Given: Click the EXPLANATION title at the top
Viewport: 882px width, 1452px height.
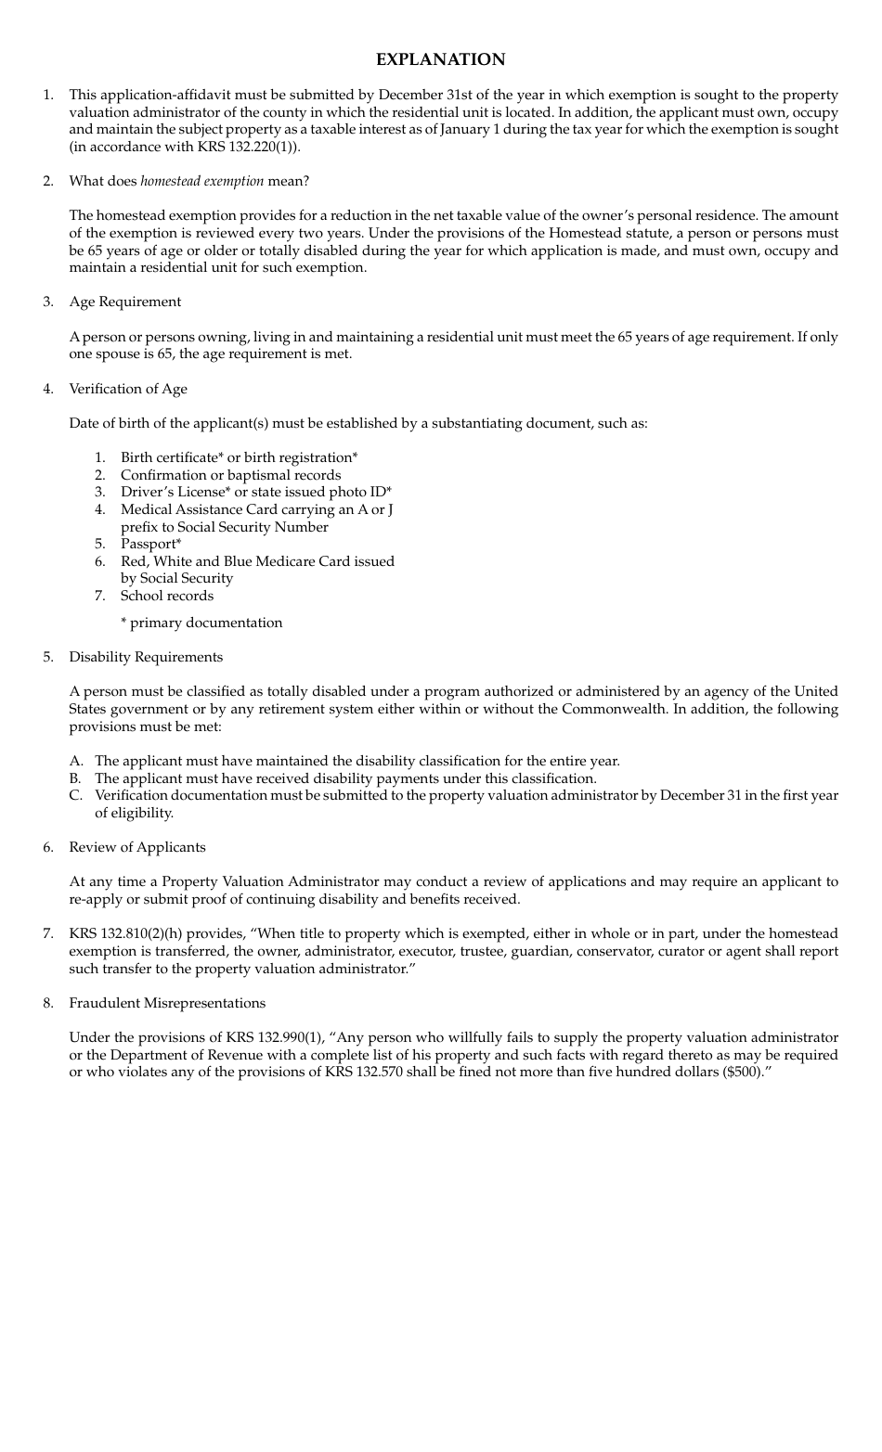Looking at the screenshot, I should (x=440, y=59).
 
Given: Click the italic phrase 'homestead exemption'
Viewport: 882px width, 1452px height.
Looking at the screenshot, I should (x=201, y=181).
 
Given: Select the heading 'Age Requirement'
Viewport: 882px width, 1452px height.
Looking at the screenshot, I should (x=125, y=302).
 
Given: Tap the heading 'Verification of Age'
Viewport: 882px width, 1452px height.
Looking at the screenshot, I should (x=128, y=389).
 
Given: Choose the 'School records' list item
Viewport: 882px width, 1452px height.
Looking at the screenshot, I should (x=167, y=596).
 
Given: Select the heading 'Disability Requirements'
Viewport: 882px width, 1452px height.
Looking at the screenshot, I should (x=146, y=657).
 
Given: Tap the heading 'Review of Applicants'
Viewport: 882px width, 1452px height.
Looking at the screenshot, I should (x=137, y=847).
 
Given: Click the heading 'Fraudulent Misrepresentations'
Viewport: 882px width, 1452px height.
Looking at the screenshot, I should (x=167, y=1003).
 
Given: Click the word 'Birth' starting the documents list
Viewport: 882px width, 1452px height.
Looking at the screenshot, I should (x=138, y=457).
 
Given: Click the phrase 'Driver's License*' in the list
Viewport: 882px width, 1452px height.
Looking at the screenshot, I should (x=175, y=492).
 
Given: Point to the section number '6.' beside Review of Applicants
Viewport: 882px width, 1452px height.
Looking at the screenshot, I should (x=48, y=847).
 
